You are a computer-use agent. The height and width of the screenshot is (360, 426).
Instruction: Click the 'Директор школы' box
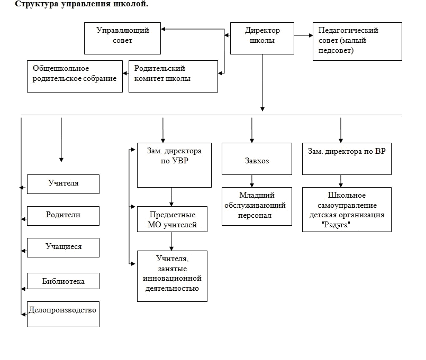[x=262, y=38]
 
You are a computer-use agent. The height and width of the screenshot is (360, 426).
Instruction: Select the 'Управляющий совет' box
[x=123, y=38]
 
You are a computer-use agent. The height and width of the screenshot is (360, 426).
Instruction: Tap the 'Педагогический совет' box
[x=357, y=41]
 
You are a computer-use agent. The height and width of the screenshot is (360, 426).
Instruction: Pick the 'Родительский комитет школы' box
[x=174, y=76]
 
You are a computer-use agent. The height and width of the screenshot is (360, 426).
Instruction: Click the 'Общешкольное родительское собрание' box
[x=75, y=76]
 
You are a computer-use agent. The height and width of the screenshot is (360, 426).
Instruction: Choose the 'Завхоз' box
[x=257, y=159]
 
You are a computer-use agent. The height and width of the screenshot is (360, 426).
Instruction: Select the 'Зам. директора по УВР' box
[x=174, y=165]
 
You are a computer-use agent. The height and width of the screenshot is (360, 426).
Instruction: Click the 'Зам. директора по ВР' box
[x=347, y=159]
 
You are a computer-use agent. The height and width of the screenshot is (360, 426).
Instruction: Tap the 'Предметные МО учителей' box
[x=172, y=219]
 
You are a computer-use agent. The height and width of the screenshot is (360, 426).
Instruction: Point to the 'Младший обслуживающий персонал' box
[x=257, y=206]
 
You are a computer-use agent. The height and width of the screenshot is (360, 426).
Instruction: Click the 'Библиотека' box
[x=64, y=281]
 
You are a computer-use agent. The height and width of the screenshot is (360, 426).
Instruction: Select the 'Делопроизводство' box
[x=64, y=314]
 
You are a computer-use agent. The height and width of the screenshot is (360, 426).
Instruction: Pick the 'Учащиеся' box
[x=64, y=247]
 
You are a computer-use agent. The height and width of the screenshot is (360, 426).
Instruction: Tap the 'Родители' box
[x=64, y=216]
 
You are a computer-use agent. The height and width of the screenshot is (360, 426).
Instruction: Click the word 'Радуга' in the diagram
[x=336, y=225]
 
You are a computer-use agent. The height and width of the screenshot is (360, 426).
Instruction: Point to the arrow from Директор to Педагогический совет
[x=303, y=35]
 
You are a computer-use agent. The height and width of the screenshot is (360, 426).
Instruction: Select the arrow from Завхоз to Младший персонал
[x=252, y=181]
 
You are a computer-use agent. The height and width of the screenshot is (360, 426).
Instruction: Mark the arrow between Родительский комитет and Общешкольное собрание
[x=125, y=73]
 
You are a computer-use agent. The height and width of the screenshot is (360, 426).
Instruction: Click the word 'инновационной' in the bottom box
[x=172, y=279]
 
